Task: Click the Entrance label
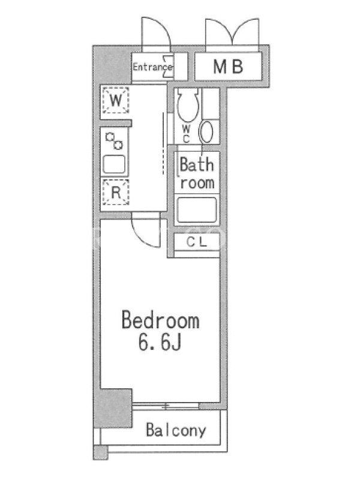(152, 67)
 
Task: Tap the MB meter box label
(229, 67)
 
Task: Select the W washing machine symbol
(115, 100)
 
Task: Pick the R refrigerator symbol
(115, 192)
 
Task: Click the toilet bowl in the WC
(188, 104)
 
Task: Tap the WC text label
(186, 134)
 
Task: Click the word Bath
(197, 164)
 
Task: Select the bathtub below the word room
(197, 209)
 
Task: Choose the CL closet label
(197, 242)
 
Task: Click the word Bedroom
(161, 320)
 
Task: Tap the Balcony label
(176, 430)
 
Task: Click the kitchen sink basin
(114, 164)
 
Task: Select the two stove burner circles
(114, 141)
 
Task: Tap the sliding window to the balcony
(166, 407)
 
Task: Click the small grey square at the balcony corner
(100, 452)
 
